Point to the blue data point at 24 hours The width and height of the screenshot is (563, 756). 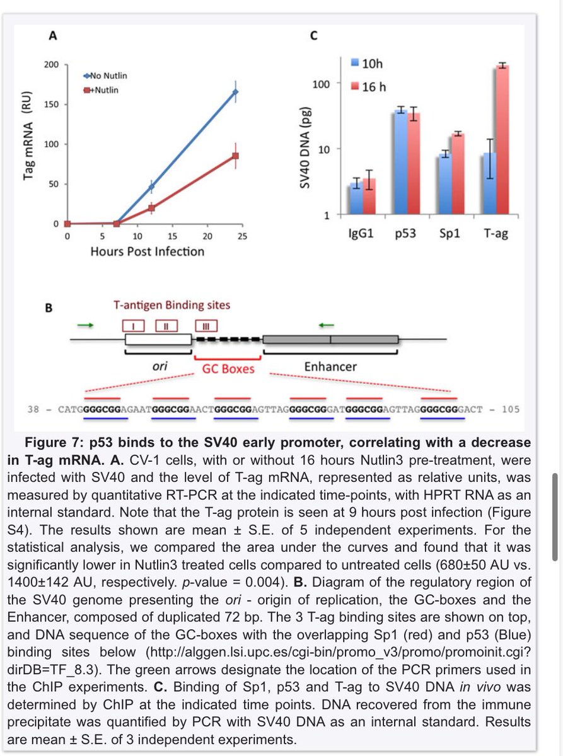pyautogui.click(x=235, y=92)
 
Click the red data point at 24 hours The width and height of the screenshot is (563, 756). pyautogui.click(x=235, y=156)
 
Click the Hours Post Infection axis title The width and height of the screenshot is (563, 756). pyautogui.click(x=147, y=251)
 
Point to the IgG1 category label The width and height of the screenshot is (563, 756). pyautogui.click(x=363, y=234)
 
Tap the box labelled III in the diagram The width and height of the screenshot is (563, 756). pyautogui.click(x=206, y=326)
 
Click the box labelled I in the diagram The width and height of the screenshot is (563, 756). pyautogui.click(x=134, y=326)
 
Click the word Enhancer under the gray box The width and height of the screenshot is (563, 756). pyautogui.click(x=330, y=366)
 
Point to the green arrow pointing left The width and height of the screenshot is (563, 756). pyautogui.click(x=326, y=325)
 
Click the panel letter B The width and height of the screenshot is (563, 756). pyautogui.click(x=49, y=309)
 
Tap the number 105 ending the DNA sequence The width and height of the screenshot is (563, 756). pyautogui.click(x=511, y=409)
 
